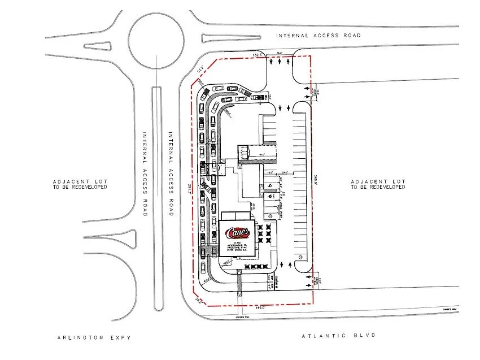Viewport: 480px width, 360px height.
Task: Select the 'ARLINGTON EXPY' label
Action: pos(94,337)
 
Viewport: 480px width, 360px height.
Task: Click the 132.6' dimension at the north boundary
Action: pos(259,55)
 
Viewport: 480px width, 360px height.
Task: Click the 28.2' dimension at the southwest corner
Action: pos(198,300)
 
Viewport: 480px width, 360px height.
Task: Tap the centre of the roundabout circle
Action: pos(156,39)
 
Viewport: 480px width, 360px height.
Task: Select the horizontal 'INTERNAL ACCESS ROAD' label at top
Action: pos(318,35)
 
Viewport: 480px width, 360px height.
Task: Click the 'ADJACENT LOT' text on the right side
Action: pos(378,181)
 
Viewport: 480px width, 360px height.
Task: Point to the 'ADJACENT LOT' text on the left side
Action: pos(80,181)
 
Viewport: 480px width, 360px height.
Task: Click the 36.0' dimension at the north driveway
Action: pos(278,54)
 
